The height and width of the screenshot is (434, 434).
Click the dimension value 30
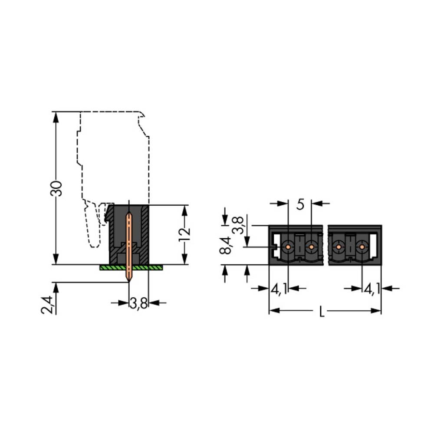pos(57,187)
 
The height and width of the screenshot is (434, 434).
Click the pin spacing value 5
pos(300,204)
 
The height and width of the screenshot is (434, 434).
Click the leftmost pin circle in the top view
pos(288,247)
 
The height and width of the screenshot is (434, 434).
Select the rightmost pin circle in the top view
pos(362,247)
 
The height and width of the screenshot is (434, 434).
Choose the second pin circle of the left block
pos(311,247)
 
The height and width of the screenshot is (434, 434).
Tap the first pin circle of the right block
pos(338,247)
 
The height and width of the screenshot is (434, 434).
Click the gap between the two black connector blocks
pos(325,245)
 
